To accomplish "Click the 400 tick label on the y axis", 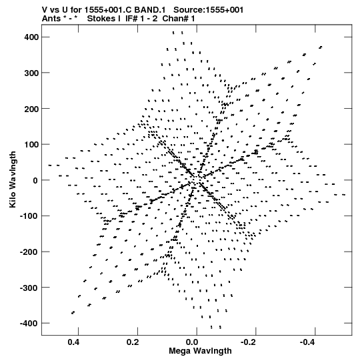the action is click(31, 37).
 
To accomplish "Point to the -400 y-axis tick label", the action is click(29, 324).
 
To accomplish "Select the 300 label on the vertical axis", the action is click(31, 73).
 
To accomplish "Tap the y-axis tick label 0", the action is click(35, 180).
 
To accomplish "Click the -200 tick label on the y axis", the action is click(29, 252).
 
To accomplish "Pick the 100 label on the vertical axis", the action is click(31, 144).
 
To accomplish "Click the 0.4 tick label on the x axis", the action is click(73, 342).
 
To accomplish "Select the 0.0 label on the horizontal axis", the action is click(192, 342).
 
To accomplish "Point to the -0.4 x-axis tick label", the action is click(308, 342).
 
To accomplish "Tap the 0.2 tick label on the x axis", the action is click(133, 342).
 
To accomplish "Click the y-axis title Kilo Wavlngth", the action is click(13, 179).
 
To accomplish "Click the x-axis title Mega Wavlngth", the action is click(200, 351).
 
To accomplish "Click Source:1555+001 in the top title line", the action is click(208, 10).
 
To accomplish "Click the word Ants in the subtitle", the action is click(51, 19).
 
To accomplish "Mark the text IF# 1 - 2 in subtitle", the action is click(141, 19).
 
